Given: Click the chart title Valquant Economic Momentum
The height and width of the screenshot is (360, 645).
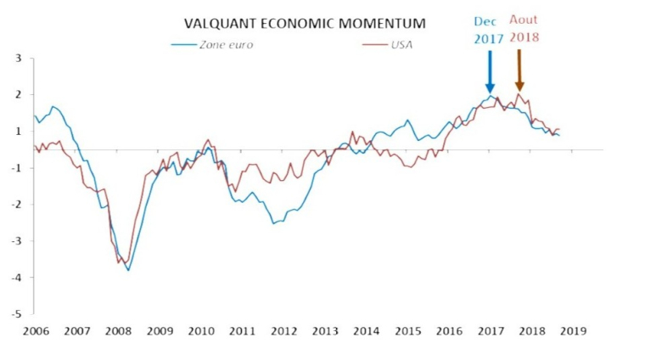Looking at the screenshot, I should tap(305, 23).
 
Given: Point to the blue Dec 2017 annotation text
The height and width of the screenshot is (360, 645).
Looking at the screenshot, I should tap(489, 31).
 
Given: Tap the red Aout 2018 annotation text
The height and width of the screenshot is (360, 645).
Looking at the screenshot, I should tap(524, 29).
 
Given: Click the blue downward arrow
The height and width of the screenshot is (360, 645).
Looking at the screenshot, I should tap(490, 71).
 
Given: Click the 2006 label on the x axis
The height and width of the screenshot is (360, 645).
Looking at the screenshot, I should tap(35, 331).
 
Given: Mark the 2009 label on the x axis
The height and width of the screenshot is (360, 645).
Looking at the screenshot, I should tap(159, 331).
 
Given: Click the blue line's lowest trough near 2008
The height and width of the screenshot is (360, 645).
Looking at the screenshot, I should tap(128, 270).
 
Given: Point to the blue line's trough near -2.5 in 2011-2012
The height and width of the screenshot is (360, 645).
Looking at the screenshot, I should tap(273, 223).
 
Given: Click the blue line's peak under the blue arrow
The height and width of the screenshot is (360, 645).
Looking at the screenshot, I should tap(490, 96).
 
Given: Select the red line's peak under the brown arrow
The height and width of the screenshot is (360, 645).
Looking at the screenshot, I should tap(519, 94).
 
